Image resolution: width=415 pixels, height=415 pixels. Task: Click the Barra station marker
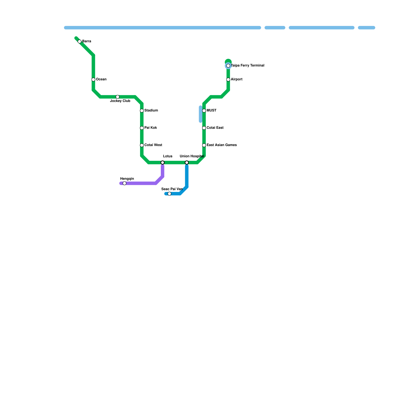click(80, 41)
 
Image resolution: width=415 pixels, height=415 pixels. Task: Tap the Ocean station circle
click(93, 80)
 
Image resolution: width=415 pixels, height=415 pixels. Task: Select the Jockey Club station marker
click(117, 97)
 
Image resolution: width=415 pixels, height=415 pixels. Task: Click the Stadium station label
click(151, 110)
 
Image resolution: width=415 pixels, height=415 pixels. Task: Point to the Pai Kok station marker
click(142, 128)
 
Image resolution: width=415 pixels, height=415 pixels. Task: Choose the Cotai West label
click(153, 145)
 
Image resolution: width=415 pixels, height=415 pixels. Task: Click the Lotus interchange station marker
click(163, 163)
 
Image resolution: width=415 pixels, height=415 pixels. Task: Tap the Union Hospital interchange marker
click(187, 163)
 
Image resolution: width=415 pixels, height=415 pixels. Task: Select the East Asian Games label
click(222, 145)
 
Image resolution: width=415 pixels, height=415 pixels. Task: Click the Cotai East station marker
click(204, 128)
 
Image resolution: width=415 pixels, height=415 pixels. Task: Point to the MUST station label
click(211, 110)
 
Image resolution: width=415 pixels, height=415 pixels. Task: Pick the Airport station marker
click(228, 80)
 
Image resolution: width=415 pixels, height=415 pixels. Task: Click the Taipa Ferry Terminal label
click(247, 66)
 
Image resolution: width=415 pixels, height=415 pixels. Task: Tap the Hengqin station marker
click(125, 183)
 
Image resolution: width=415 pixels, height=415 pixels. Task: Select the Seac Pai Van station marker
click(169, 194)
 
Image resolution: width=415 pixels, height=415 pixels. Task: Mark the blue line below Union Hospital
click(187, 176)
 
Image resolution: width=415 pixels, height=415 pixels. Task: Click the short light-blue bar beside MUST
click(200, 114)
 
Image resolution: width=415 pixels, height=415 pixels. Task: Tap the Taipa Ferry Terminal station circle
click(228, 66)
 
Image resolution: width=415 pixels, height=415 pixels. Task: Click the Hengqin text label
click(127, 179)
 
